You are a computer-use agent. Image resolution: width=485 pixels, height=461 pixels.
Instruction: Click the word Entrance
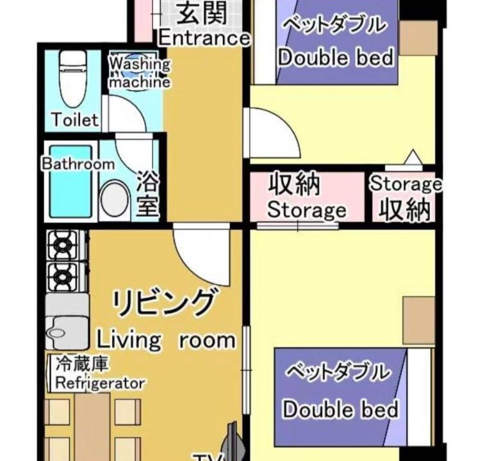click(204, 38)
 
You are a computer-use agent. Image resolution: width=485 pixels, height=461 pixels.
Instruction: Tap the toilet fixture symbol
click(72, 79)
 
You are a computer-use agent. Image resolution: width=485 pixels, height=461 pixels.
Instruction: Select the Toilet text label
click(75, 119)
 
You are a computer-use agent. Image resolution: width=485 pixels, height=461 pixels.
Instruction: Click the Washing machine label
click(140, 73)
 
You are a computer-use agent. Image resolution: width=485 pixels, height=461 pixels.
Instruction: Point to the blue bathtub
click(71, 181)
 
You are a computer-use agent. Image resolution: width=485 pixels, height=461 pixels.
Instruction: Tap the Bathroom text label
click(78, 164)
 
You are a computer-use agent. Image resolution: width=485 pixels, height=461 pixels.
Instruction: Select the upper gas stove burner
click(63, 245)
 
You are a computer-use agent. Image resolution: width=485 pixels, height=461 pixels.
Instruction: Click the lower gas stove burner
click(63, 277)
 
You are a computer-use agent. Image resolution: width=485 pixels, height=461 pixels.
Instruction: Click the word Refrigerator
click(100, 384)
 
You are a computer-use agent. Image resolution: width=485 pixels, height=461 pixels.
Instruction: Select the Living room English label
click(167, 340)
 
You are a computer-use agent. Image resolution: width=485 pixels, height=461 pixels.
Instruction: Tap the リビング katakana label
click(163, 302)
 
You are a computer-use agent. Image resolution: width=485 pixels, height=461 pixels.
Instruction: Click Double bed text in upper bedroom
click(336, 57)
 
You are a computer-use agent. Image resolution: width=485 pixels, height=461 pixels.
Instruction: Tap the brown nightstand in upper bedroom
click(418, 38)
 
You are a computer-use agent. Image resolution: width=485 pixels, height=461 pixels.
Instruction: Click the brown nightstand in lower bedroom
click(419, 320)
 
